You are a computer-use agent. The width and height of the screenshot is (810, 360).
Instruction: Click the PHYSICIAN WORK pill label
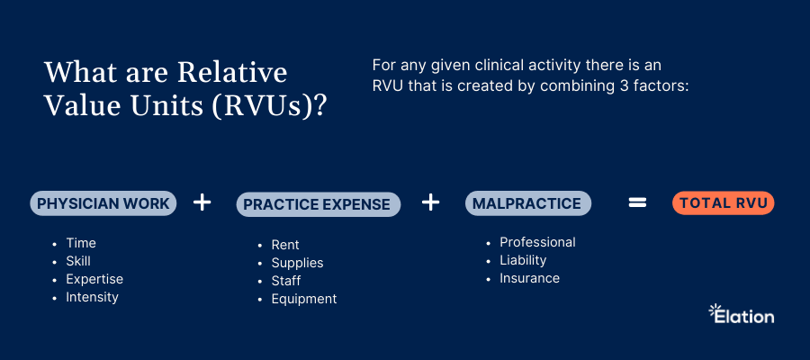pyautogui.click(x=103, y=203)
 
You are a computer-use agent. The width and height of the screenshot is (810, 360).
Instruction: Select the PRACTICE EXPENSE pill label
pyautogui.click(x=319, y=204)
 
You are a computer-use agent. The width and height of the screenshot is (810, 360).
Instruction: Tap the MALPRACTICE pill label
pyautogui.click(x=528, y=203)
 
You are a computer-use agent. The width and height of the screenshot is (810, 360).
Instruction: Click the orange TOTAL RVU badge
pyautogui.click(x=724, y=203)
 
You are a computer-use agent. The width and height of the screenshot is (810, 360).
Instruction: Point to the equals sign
pyautogui.click(x=637, y=203)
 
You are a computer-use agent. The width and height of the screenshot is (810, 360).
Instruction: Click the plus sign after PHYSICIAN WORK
pyautogui.click(x=202, y=202)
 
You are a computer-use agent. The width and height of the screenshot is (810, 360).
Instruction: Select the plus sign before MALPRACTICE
pyautogui.click(x=430, y=202)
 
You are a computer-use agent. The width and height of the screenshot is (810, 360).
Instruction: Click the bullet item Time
pyautogui.click(x=81, y=243)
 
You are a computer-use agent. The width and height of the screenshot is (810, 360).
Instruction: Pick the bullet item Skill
pyautogui.click(x=78, y=261)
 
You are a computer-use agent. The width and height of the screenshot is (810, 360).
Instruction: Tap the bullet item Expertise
pyautogui.click(x=94, y=279)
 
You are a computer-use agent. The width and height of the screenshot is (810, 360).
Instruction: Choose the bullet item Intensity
pyautogui.click(x=92, y=298)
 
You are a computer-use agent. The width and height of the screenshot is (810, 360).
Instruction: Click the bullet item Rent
pyautogui.click(x=285, y=245)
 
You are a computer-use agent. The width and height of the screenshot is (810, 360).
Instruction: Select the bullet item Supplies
pyautogui.click(x=298, y=263)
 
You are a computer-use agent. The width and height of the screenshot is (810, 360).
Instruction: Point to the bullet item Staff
pyautogui.click(x=286, y=281)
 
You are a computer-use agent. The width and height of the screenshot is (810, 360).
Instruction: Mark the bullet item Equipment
pyautogui.click(x=304, y=299)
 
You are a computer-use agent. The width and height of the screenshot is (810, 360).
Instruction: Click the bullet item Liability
pyautogui.click(x=523, y=260)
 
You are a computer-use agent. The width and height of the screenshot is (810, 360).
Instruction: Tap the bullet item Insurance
pyautogui.click(x=529, y=278)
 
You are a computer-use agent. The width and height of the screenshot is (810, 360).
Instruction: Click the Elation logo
pyautogui.click(x=742, y=314)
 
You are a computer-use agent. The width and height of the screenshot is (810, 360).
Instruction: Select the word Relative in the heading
pyautogui.click(x=232, y=72)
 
